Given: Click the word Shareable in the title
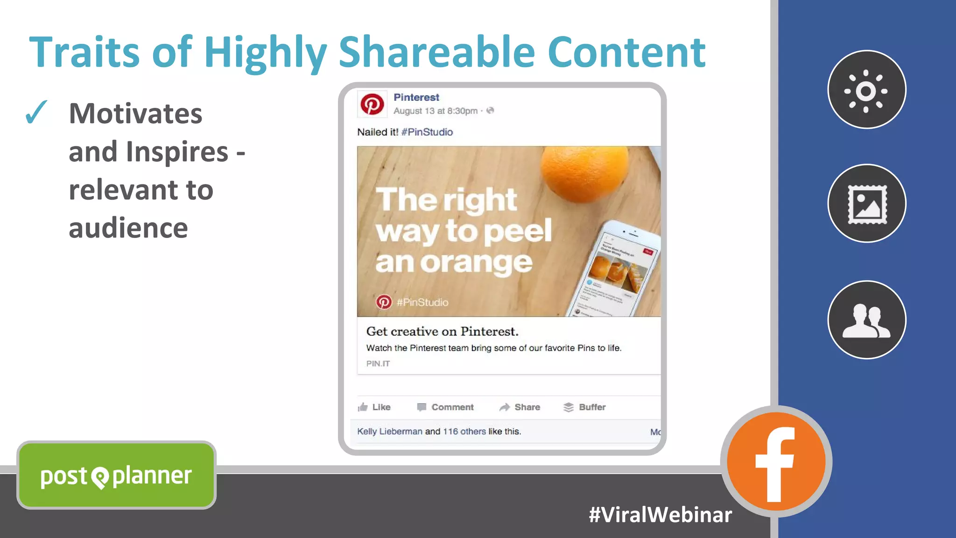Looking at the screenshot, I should pyautogui.click(x=436, y=52).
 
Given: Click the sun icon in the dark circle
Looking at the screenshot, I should pyautogui.click(x=866, y=90).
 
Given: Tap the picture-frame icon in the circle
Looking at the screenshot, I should pyautogui.click(x=867, y=204).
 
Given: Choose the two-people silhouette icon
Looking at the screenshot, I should pyautogui.click(x=866, y=321).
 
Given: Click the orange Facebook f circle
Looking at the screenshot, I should pyautogui.click(x=776, y=461).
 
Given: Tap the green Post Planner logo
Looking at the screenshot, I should pyautogui.click(x=116, y=475).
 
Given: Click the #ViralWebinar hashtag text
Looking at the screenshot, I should pyautogui.click(x=660, y=515).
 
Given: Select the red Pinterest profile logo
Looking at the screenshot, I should pyautogui.click(x=372, y=104).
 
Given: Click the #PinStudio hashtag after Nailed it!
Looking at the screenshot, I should pyautogui.click(x=427, y=132).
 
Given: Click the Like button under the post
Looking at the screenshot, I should pyautogui.click(x=374, y=407).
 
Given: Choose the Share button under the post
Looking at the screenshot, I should pyautogui.click(x=520, y=407).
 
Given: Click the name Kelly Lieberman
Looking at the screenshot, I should pyautogui.click(x=389, y=431).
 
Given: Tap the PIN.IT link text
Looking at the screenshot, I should pyautogui.click(x=378, y=363).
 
